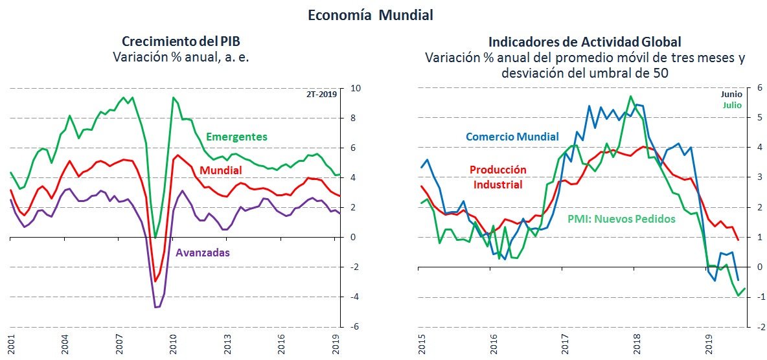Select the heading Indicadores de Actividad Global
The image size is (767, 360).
584,42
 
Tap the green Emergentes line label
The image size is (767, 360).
236,137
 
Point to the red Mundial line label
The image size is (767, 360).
221,170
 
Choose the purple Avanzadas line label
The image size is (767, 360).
202,253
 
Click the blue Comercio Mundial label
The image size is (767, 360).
512,137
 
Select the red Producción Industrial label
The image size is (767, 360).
497,177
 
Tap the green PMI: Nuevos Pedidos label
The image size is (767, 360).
621,219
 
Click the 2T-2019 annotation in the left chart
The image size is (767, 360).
323,94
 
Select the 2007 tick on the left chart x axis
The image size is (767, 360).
119,343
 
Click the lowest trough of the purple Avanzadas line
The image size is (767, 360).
157,307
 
